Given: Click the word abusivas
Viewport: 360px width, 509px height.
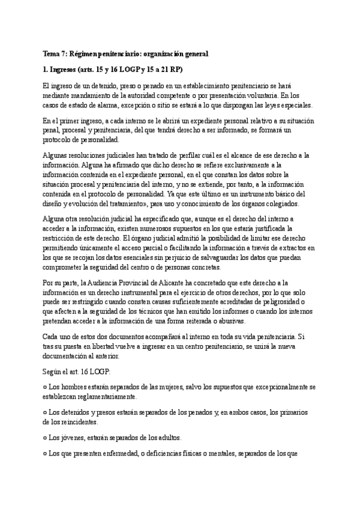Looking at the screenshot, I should (218, 322).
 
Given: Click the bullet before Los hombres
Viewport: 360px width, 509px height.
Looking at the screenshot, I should (46, 387).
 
